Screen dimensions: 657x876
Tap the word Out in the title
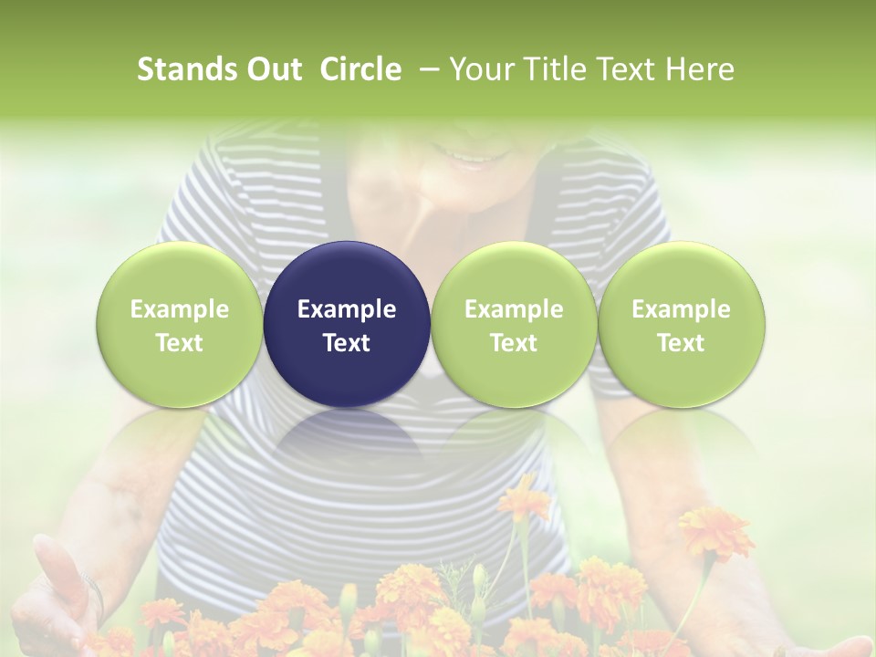[x=273, y=69]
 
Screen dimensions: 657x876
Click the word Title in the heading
[x=551, y=69]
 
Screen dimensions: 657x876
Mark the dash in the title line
[x=426, y=69]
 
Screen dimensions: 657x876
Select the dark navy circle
[x=347, y=324]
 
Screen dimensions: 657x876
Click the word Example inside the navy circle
[x=347, y=309]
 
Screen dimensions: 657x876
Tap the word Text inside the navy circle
[x=347, y=343]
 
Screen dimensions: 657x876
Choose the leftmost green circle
[x=179, y=324]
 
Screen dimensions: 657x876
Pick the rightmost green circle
[x=681, y=324]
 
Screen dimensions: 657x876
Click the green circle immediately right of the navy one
[x=514, y=324]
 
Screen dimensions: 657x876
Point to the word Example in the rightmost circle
[x=681, y=309]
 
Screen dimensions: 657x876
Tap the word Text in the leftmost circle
[x=179, y=343]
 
